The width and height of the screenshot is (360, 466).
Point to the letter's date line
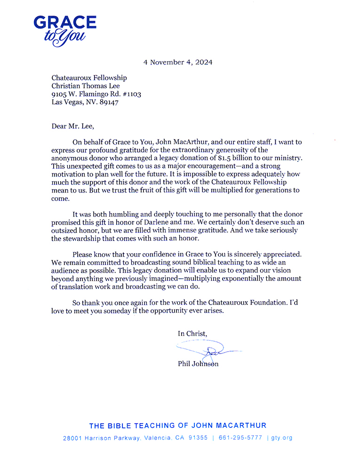(178, 62)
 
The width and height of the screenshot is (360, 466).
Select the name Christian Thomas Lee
(86, 86)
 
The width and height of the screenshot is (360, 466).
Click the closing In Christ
(192, 333)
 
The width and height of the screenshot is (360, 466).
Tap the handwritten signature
(209, 349)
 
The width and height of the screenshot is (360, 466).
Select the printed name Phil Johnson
(198, 363)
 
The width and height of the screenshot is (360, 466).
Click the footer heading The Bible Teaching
(177, 426)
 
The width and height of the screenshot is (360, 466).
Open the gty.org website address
(282, 438)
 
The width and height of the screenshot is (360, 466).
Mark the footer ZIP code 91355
(198, 438)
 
